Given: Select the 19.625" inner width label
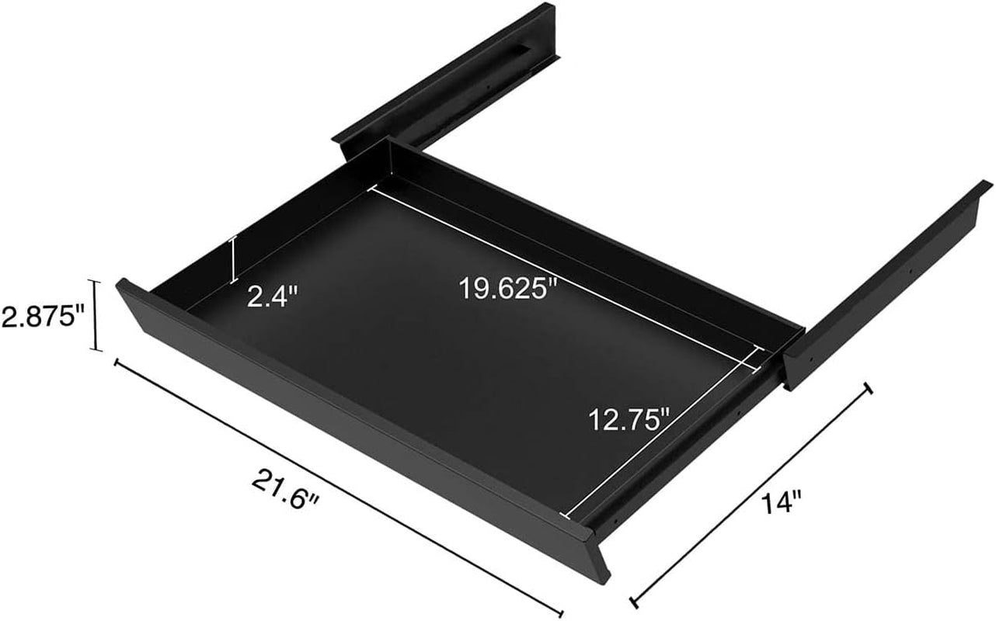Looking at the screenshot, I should coord(508,289).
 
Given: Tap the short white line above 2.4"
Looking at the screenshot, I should coord(232,260).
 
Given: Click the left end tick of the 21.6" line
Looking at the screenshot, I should coord(117,363).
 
